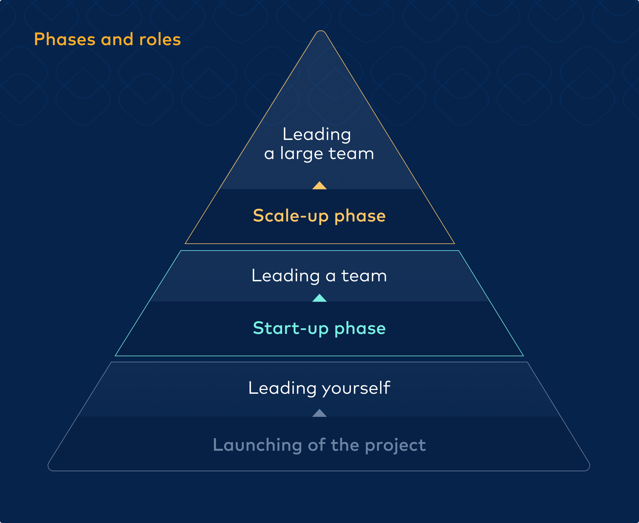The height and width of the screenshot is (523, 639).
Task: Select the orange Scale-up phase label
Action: pyautogui.click(x=319, y=216)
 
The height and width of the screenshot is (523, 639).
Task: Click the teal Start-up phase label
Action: pyautogui.click(x=319, y=328)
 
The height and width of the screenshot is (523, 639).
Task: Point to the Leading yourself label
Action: pyautogui.click(x=319, y=388)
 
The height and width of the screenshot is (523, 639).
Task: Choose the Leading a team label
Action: pyautogui.click(x=319, y=276)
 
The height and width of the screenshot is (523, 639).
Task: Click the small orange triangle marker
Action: pyautogui.click(x=319, y=186)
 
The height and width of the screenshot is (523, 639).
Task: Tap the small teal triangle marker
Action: pyautogui.click(x=319, y=298)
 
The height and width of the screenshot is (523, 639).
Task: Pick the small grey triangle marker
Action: pyautogui.click(x=319, y=413)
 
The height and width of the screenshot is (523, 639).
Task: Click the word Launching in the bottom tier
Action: pyautogui.click(x=258, y=445)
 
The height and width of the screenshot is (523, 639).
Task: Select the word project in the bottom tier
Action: pyautogui.click(x=395, y=445)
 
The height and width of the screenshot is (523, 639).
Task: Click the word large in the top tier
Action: pyautogui.click(x=301, y=154)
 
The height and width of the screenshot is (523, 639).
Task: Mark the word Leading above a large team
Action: pyautogui.click(x=317, y=134)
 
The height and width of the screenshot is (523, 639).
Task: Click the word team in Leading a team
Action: pyautogui.click(x=364, y=276)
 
